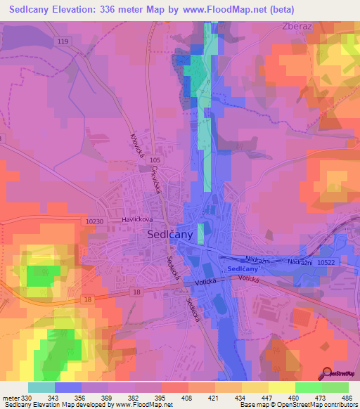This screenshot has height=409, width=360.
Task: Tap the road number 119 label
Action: point(64,42)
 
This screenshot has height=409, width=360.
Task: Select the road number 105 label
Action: point(155,161)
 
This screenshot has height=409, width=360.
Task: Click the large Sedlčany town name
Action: point(170,237)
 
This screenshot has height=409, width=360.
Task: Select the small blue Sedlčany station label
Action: point(243,269)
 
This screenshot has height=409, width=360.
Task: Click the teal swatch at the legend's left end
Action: point(41,387)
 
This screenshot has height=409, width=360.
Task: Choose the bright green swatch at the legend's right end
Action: point(335,387)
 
